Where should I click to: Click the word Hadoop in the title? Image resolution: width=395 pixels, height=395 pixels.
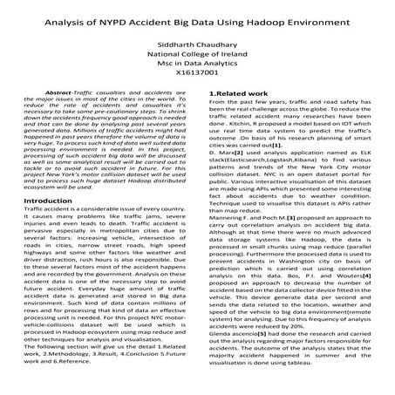tap(280, 20)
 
